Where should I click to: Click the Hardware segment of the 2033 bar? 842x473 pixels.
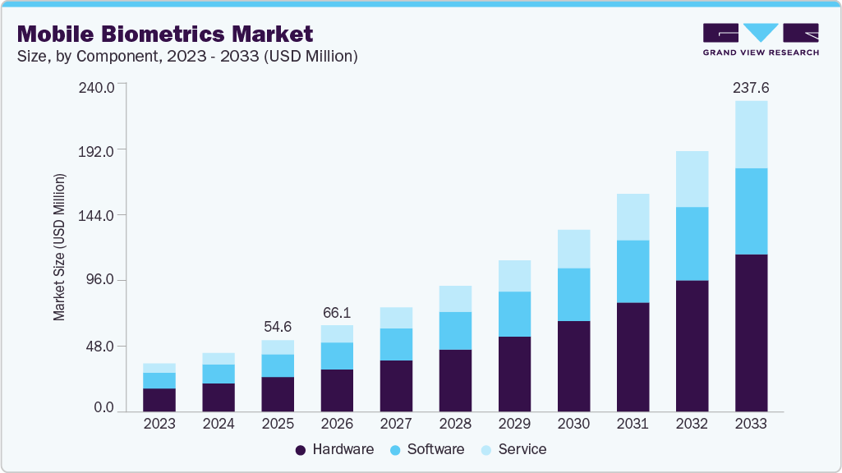click(751, 333)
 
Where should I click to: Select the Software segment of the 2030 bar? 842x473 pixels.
click(573, 294)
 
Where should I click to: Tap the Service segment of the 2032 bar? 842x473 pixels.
click(692, 179)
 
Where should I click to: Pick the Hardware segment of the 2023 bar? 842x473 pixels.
click(159, 399)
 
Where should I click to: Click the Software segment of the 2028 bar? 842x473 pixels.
click(455, 330)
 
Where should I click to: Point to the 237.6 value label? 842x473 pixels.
click(751, 87)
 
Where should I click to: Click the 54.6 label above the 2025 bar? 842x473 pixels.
click(278, 327)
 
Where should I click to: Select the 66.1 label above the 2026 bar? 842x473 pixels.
click(337, 312)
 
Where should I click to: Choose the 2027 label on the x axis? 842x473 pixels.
click(396, 424)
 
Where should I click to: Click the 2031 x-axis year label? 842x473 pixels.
click(633, 424)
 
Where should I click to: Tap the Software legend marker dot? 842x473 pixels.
click(395, 450)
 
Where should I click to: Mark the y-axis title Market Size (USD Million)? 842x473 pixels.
click(59, 247)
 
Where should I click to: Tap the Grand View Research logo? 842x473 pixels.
click(761, 39)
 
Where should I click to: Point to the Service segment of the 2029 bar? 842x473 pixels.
click(514, 276)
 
